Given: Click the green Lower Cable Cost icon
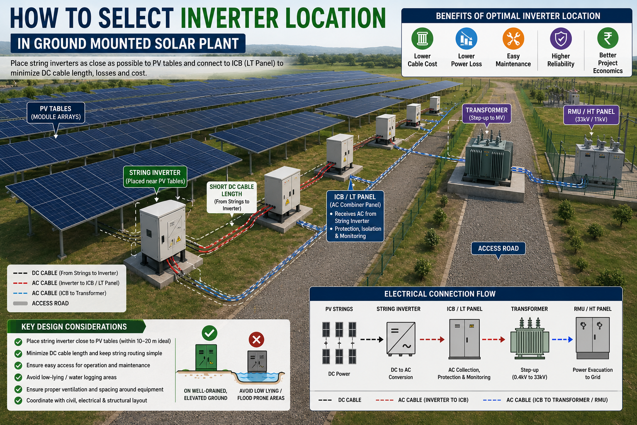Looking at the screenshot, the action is [422, 39].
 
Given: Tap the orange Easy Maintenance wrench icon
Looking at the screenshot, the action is [513, 39].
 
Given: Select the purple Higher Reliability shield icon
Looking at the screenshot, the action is [561, 39].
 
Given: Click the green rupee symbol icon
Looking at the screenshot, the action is [608, 38].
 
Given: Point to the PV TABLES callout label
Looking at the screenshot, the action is [56, 113].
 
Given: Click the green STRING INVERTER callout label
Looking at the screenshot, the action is [155, 177].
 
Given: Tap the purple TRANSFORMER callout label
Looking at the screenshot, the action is [486, 114].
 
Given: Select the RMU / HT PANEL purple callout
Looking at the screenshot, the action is [591, 115].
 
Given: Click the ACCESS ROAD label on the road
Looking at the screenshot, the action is [498, 248].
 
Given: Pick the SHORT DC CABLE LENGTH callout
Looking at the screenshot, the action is [232, 198].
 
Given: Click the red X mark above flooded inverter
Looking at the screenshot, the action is [256, 340].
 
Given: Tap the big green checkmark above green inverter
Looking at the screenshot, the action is [209, 333].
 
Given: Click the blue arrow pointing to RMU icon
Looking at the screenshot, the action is [562, 340].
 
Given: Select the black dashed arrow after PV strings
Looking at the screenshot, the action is [372, 340].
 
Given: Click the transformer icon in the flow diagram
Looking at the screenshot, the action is [530, 338].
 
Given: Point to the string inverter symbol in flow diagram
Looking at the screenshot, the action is [401, 339].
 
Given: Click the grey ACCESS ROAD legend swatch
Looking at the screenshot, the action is [20, 303].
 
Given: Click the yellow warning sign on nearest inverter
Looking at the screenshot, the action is [179, 239].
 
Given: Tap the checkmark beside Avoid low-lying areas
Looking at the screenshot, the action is [18, 377].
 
